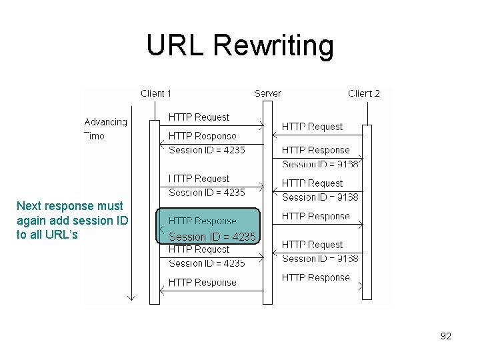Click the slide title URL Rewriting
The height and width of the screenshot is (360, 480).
[x=240, y=45]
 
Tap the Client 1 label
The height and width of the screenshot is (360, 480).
[x=156, y=93]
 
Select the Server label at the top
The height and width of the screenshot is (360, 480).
[x=267, y=93]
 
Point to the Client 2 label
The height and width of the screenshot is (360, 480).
[x=364, y=93]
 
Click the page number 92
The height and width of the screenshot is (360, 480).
[x=446, y=336]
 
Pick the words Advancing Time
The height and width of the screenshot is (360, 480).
[x=105, y=129]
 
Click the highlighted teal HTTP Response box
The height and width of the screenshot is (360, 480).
[x=207, y=227]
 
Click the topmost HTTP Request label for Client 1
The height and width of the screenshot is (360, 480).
[x=199, y=117]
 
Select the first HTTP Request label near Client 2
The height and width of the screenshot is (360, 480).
[x=312, y=127]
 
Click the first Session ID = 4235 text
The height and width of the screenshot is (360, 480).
[x=207, y=151]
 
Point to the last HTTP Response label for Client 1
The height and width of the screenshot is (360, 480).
[x=202, y=283]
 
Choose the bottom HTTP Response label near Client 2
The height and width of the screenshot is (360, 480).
[x=315, y=278]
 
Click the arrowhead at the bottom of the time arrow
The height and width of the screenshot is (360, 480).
[x=131, y=297]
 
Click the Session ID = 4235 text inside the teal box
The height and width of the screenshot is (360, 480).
[x=212, y=237]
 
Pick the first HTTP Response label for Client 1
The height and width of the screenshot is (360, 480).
[x=202, y=136]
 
